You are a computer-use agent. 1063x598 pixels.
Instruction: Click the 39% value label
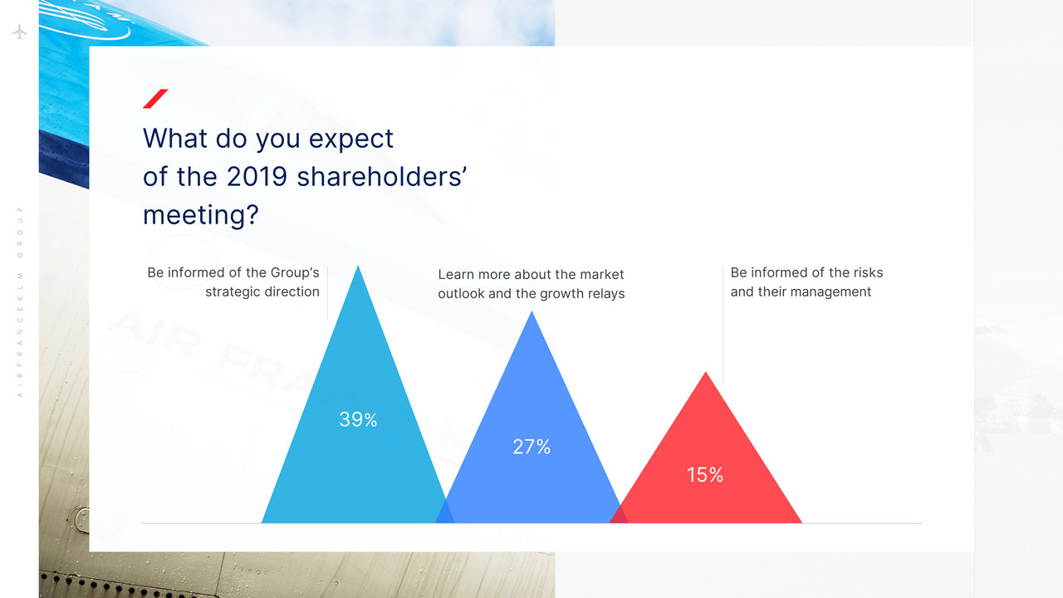(358, 419)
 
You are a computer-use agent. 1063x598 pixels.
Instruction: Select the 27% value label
(531, 447)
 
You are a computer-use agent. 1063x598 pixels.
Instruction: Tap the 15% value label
(705, 474)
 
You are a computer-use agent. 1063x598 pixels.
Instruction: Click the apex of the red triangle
(706, 371)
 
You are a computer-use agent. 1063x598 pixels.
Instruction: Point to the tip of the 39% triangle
(358, 266)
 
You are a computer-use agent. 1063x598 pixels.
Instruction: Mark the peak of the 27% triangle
(531, 311)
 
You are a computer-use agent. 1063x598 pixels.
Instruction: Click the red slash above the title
(155, 99)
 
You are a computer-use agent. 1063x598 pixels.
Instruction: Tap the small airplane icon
(19, 32)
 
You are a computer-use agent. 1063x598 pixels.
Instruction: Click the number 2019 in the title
(257, 177)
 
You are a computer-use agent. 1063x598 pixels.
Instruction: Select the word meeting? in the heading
(201, 215)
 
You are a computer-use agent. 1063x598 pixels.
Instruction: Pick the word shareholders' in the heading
(381, 177)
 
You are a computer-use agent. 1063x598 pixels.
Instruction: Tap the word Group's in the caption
(295, 272)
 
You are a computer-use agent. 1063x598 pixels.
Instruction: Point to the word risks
(868, 272)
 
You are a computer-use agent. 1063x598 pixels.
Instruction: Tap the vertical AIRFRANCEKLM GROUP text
(19, 301)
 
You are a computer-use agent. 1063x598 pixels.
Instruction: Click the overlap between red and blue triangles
(619, 517)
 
